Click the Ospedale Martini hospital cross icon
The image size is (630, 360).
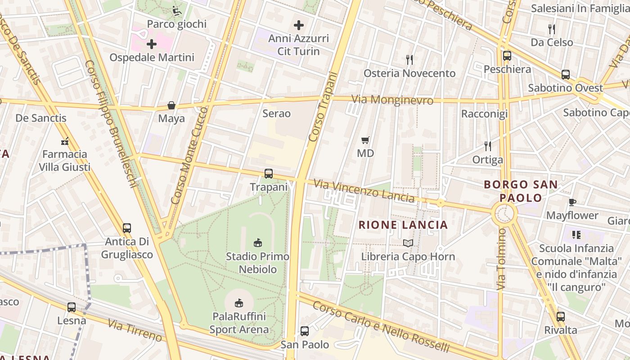point(152,44)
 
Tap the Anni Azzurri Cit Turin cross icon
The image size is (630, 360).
point(299,25)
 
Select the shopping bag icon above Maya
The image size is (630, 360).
point(171,105)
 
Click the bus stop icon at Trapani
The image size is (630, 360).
point(269,173)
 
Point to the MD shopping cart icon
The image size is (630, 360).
point(365,140)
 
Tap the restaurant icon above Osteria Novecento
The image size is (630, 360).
point(409,59)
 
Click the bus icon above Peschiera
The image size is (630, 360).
point(507,56)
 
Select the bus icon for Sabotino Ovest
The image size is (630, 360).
point(566,75)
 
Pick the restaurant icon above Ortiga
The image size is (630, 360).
point(487,146)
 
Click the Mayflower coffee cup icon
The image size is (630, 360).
point(572,202)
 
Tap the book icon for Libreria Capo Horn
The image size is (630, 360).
point(408,243)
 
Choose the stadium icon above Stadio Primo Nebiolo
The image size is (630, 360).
point(258,243)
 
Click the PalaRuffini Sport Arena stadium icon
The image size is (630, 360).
point(239,303)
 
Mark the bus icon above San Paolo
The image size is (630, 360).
point(305,331)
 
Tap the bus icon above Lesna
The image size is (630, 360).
point(72,307)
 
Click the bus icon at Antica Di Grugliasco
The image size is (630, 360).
point(127,228)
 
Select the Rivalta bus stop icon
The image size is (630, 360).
point(560,316)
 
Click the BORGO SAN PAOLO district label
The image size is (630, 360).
point(521,191)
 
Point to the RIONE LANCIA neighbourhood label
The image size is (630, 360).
point(403,225)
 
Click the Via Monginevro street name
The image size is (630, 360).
point(392,100)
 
